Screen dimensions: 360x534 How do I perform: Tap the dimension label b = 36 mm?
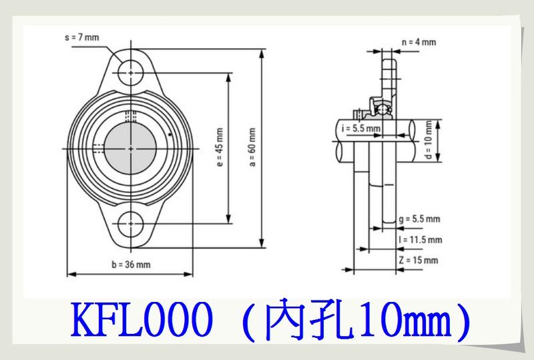[x=131, y=264]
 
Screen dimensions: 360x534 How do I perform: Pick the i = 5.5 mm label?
[x=361, y=128]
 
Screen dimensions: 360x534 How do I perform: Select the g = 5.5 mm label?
[x=418, y=218]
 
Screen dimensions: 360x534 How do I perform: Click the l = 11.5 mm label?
[x=420, y=239]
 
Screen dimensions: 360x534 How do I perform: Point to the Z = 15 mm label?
[x=418, y=259]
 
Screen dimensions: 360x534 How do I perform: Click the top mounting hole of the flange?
[x=131, y=71]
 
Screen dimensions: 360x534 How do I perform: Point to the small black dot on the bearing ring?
[x=173, y=136]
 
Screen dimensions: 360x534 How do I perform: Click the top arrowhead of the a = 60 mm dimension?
[x=262, y=52]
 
